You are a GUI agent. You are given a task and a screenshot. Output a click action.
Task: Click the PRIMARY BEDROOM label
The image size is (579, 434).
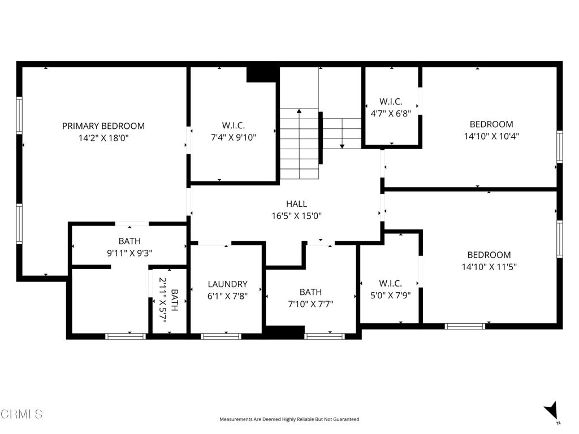[x=103, y=126]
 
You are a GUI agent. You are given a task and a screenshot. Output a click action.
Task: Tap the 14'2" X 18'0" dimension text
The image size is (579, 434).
[x=103, y=137]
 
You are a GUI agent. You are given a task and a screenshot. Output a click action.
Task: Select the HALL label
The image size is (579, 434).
[x=296, y=204]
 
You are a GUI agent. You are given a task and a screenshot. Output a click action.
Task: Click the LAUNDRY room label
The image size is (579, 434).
[x=227, y=284]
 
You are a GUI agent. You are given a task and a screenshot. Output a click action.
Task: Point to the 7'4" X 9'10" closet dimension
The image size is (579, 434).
[x=233, y=137]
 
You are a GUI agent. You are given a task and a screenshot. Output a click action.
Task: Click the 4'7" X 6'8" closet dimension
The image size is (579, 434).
[x=391, y=112]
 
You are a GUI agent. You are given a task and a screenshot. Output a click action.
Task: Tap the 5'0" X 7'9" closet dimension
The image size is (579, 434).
[x=390, y=294]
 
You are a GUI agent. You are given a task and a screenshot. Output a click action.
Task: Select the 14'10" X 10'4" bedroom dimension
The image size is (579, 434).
[x=491, y=136]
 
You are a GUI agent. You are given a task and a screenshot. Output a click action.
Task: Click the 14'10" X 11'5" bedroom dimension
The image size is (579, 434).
[x=489, y=266]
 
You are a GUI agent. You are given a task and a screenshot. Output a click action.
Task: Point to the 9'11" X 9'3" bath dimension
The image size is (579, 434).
[x=129, y=253]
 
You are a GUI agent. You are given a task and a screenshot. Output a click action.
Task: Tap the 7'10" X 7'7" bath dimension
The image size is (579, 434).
[x=310, y=303]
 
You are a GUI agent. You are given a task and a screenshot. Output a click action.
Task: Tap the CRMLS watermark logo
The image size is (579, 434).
[x=21, y=414]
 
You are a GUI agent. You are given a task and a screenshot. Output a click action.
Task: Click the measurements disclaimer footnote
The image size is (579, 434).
[x=289, y=419]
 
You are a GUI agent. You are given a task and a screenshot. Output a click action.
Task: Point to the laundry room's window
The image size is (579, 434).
[x=221, y=336]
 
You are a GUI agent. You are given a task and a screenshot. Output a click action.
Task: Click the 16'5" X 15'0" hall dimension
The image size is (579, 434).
[x=296, y=215]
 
